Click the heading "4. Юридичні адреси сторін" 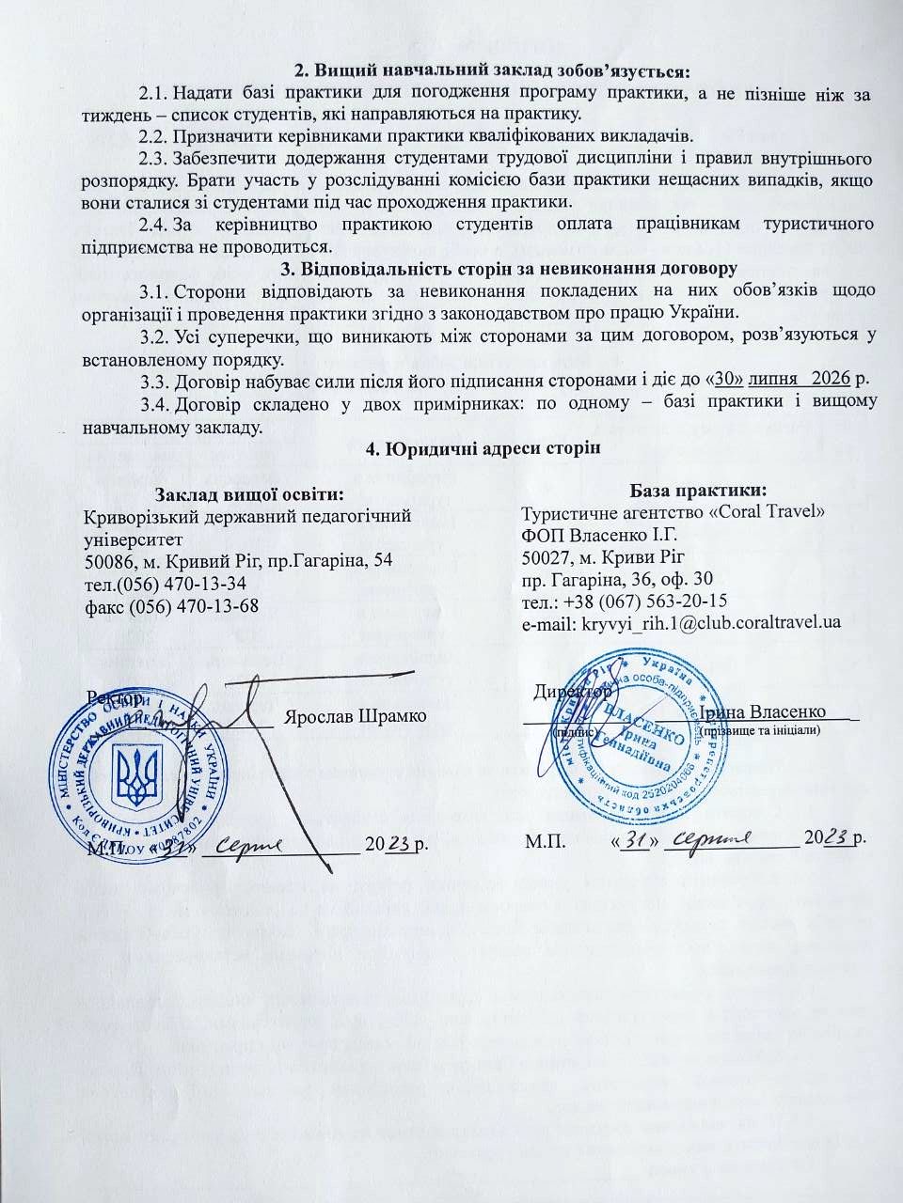coord(482,447)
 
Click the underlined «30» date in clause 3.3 coord(727,379)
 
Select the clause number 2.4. coord(153,224)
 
